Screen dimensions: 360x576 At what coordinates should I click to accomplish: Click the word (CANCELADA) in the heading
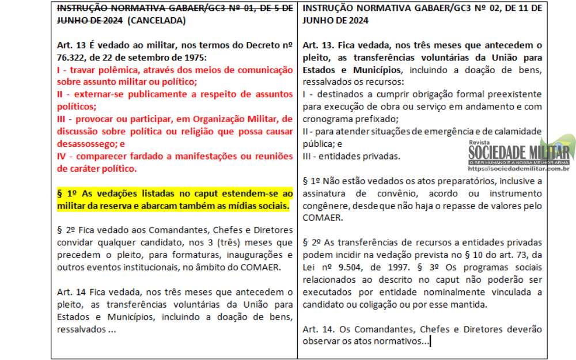[156, 20]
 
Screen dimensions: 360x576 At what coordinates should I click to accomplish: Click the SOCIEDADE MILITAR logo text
[518, 152]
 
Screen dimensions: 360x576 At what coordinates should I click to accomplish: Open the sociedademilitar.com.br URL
[520, 169]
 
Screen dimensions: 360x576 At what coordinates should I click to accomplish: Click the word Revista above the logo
[480, 142]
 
